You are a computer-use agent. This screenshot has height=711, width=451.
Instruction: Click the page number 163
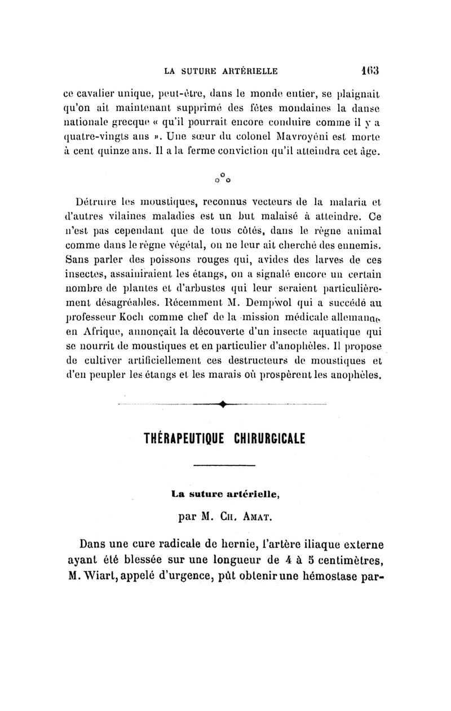tap(369, 71)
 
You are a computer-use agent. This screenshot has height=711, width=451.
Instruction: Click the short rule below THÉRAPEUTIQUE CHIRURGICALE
tap(224, 464)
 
